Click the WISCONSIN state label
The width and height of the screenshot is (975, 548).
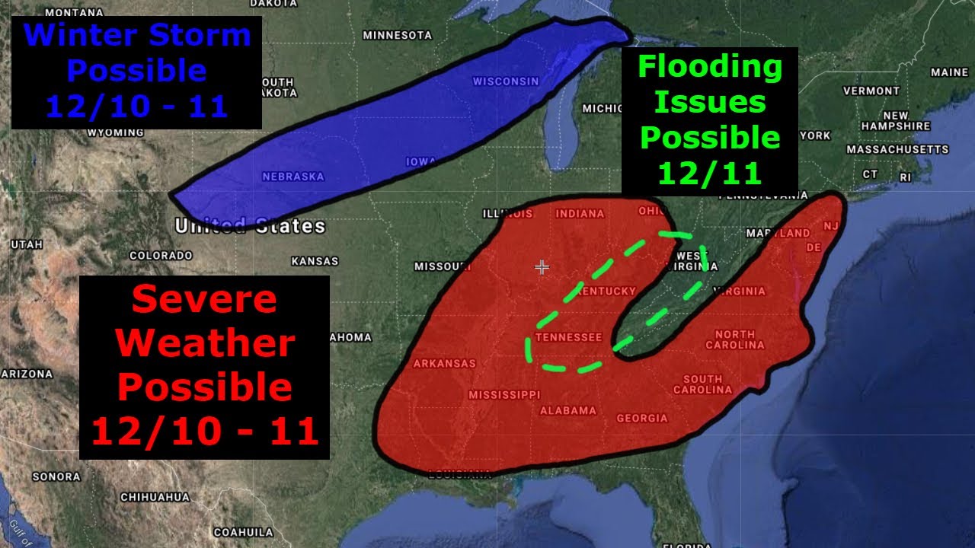pyautogui.click(x=505, y=81)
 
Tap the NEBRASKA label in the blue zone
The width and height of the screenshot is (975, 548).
pyautogui.click(x=293, y=177)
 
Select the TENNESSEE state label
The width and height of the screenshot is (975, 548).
pyautogui.click(x=568, y=337)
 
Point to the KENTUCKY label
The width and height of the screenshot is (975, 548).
pyautogui.click(x=606, y=292)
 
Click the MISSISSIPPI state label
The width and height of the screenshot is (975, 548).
pyautogui.click(x=503, y=395)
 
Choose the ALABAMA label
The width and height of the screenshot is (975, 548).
pyautogui.click(x=567, y=411)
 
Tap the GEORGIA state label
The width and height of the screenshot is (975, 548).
pyautogui.click(x=641, y=418)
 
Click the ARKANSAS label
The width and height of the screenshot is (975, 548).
pyautogui.click(x=444, y=364)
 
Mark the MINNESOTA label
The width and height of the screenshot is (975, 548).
pyautogui.click(x=397, y=35)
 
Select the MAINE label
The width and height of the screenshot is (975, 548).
pyautogui.click(x=949, y=73)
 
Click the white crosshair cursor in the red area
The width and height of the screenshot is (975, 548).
pyautogui.click(x=542, y=267)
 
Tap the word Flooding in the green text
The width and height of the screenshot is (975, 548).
pyautogui.click(x=710, y=67)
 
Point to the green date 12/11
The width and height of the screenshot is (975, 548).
pyautogui.click(x=710, y=174)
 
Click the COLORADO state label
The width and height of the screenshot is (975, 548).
pyautogui.click(x=161, y=256)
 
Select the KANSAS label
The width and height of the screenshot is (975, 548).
pyautogui.click(x=315, y=261)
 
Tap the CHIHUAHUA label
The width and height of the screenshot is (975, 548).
pyautogui.click(x=155, y=497)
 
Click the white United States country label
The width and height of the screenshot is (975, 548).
pyautogui.click(x=250, y=226)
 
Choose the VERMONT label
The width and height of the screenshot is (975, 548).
pyautogui.click(x=871, y=91)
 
